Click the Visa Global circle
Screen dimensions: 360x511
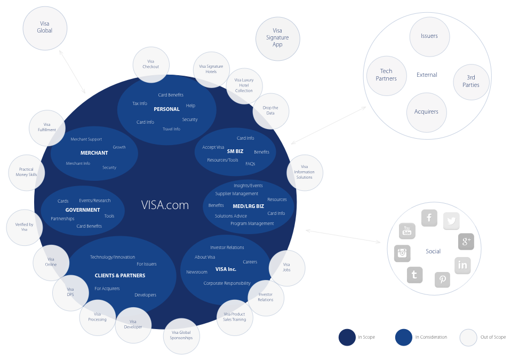[x=45, y=28]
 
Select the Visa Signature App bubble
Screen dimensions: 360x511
[x=277, y=38]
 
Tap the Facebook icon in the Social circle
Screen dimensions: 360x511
[x=429, y=218]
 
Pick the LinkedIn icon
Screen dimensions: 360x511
[x=462, y=265]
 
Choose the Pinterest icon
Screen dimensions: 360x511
[x=443, y=279]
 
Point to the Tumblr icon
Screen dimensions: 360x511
[x=414, y=275]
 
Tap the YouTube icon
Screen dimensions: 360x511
[x=407, y=231]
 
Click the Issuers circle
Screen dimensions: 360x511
[x=429, y=36]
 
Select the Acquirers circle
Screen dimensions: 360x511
[x=426, y=112]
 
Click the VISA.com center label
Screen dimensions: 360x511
[x=165, y=205]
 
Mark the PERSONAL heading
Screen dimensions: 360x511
[x=166, y=109]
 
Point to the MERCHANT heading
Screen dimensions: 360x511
[x=94, y=153]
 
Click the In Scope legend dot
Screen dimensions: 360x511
[x=347, y=337]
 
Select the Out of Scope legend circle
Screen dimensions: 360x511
[x=468, y=337]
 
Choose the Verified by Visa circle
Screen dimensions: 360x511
[x=24, y=227]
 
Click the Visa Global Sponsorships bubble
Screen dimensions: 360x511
[x=181, y=335]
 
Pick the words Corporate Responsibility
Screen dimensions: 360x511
[x=227, y=283]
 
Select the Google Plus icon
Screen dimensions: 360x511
[x=466, y=242]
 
